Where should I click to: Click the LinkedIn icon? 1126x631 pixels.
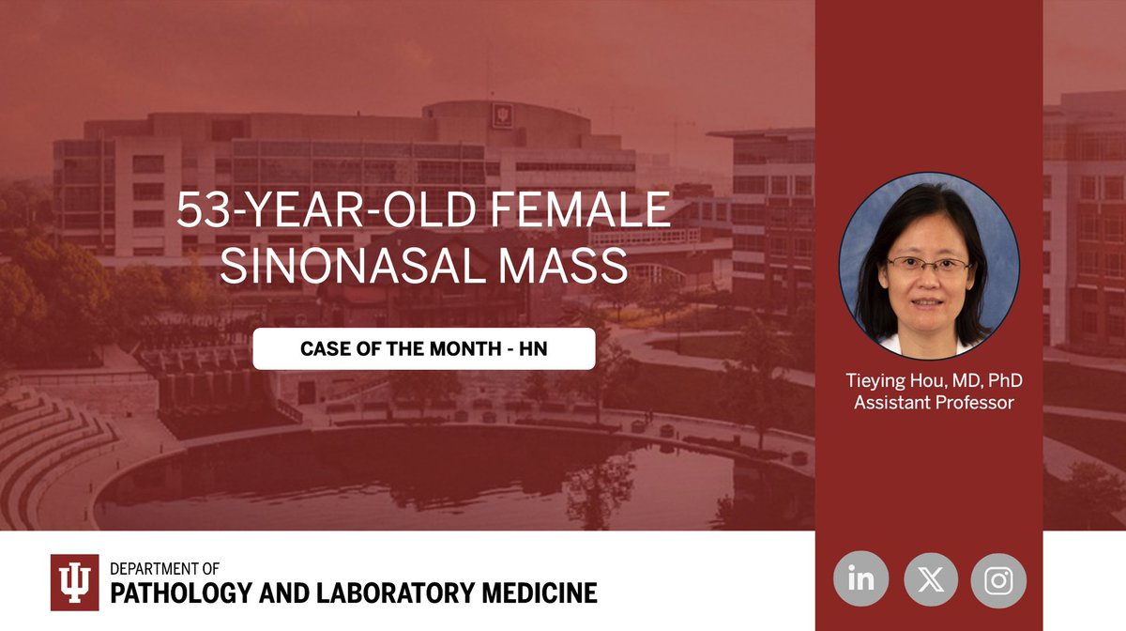coord(860,579)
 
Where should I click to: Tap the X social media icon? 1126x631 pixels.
coord(931,579)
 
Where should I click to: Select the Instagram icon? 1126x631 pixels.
coord(998,579)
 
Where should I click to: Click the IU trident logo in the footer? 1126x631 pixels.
coord(74,582)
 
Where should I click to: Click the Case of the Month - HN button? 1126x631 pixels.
coord(423,348)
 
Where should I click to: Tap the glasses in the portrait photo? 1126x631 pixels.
coord(928,265)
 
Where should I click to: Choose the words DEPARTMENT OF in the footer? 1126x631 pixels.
coord(164,569)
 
